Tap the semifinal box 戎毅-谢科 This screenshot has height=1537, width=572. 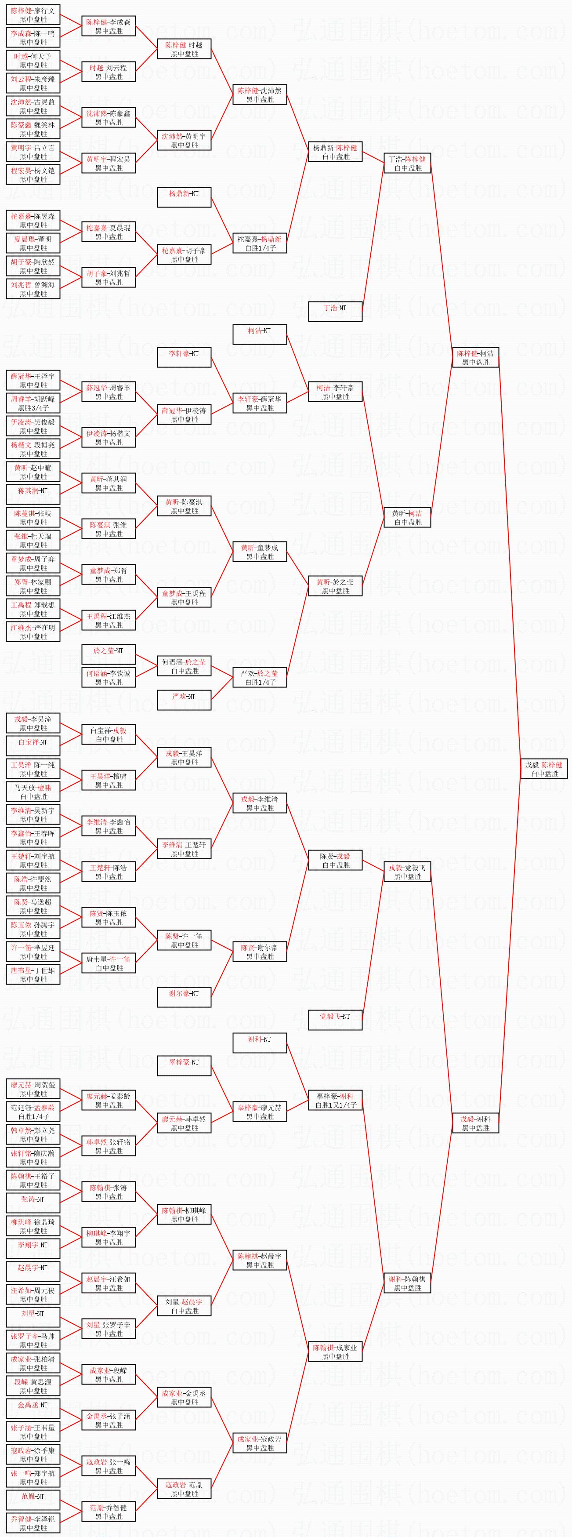[x=475, y=1123]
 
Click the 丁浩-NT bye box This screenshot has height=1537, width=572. [x=335, y=312]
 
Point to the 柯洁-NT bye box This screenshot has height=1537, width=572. [x=260, y=334]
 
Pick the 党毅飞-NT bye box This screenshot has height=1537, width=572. [x=335, y=1020]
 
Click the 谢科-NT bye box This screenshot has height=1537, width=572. [x=260, y=1043]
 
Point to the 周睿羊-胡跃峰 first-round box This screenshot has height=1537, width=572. [x=33, y=403]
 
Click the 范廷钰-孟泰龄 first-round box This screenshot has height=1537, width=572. [x=33, y=1112]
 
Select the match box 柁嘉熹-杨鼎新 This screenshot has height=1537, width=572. [x=260, y=243]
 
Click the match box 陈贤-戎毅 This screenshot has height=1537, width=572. [x=335, y=861]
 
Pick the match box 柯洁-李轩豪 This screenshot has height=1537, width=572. [x=335, y=392]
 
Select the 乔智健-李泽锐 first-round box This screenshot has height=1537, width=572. [x=33, y=1523]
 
